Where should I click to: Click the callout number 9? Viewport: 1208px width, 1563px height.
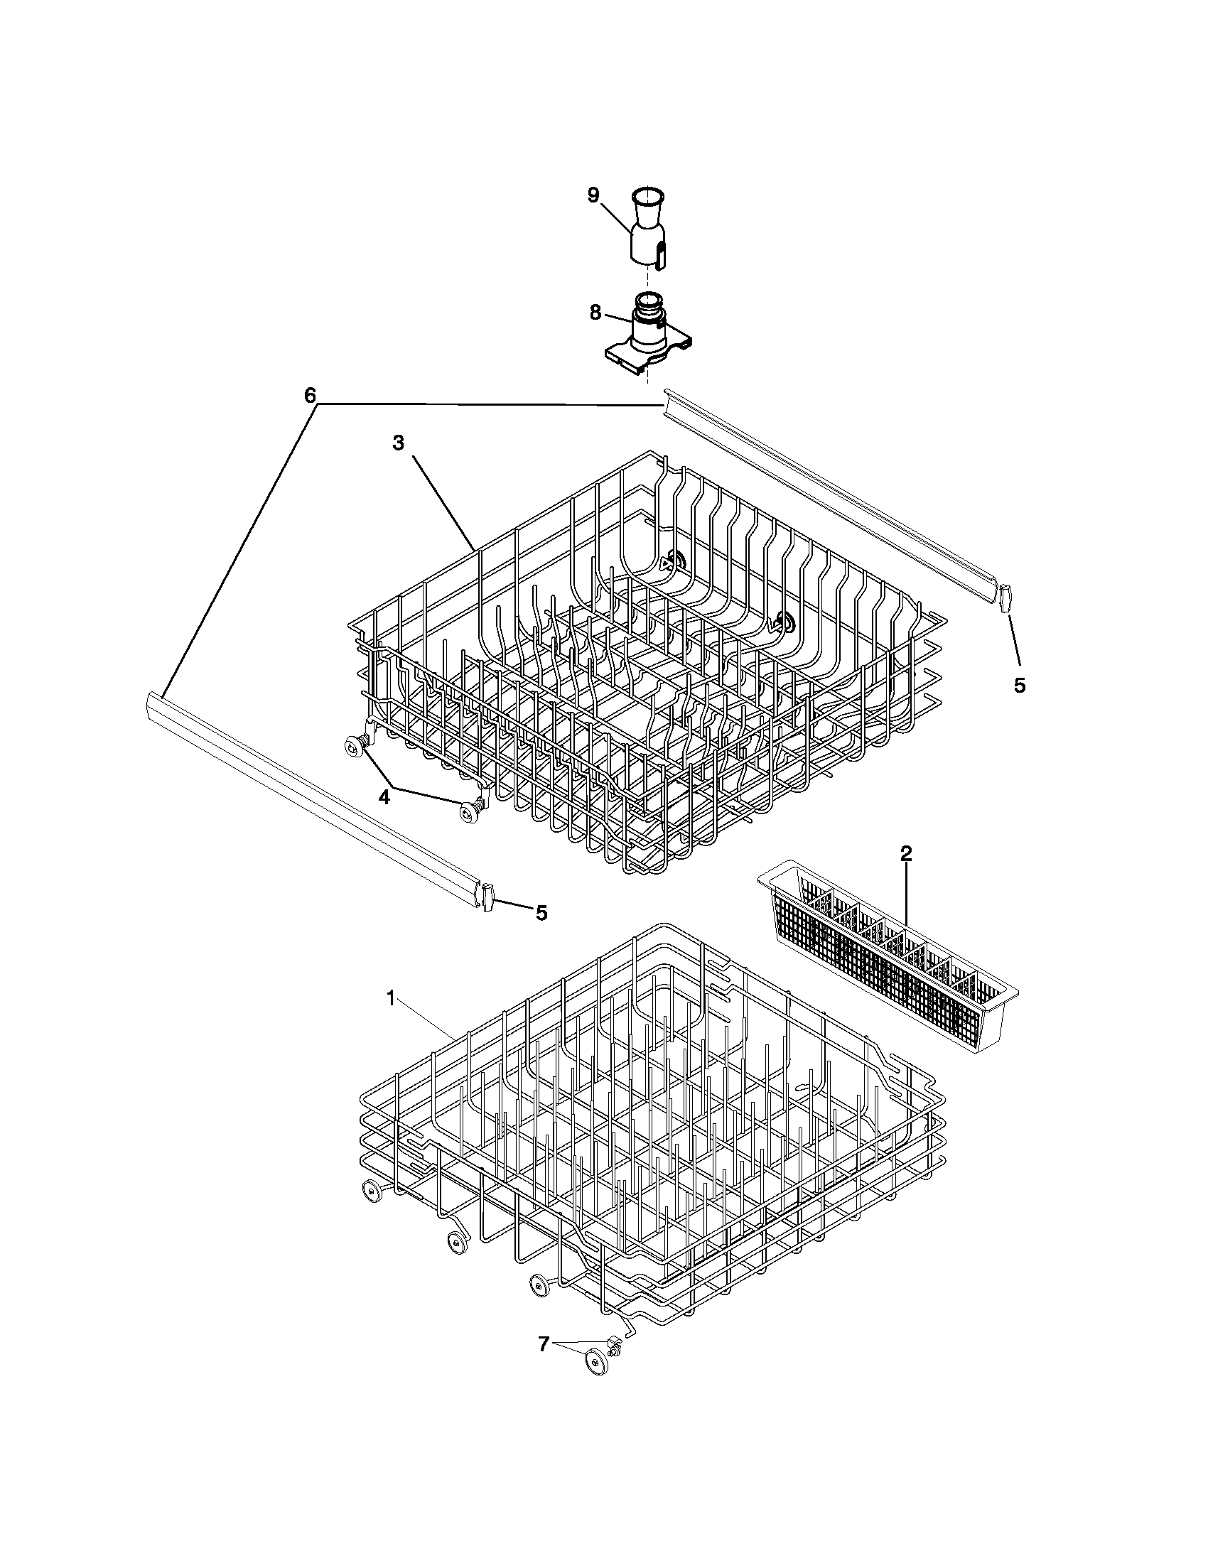pos(593,195)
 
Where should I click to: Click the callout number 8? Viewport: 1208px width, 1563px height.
pos(595,313)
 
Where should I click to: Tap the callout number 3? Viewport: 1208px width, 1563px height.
pos(398,444)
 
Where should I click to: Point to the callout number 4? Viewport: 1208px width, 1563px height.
pos(384,797)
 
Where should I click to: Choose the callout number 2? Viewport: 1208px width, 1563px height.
pos(906,853)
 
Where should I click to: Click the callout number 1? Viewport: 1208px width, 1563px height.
pos(391,998)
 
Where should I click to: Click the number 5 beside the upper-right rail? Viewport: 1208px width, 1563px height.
pos(1019,685)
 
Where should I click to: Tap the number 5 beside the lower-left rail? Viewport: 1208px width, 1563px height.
pos(541,912)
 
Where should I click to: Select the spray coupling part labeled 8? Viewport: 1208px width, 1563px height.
pos(649,336)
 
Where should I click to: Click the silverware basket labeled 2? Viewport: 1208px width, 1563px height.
pos(888,959)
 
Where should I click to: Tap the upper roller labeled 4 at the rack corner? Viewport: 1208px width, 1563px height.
pos(354,746)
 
